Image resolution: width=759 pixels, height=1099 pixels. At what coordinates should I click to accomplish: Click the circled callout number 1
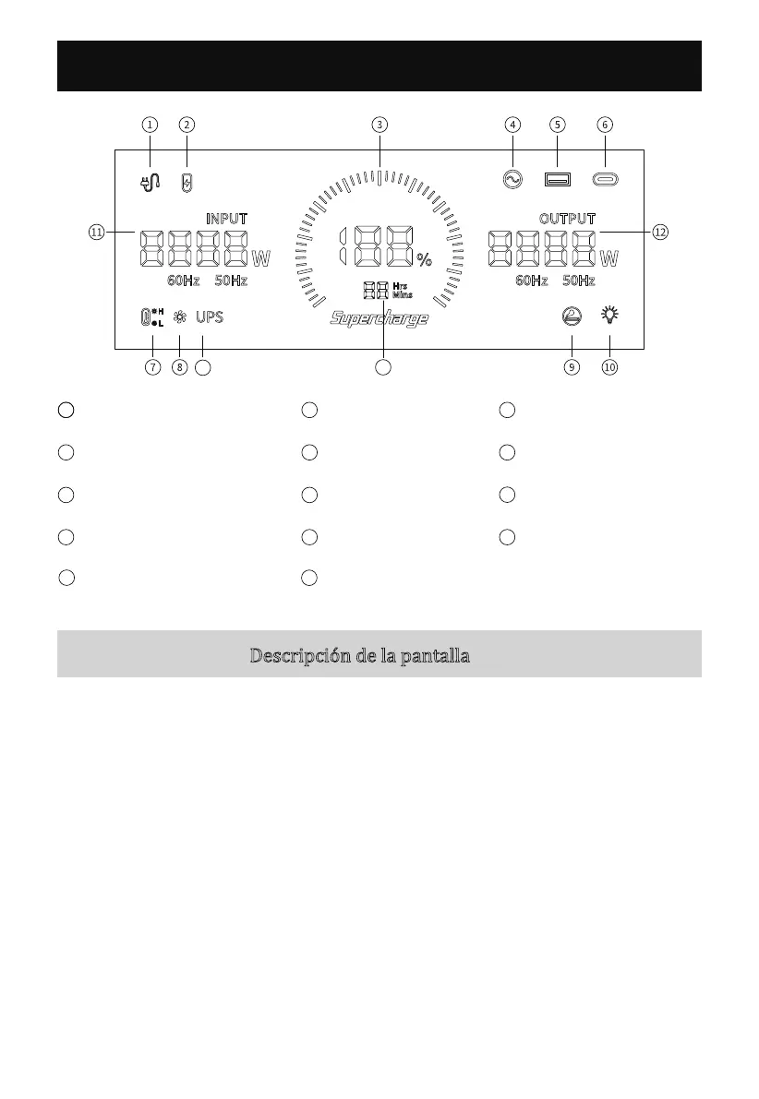click(x=150, y=124)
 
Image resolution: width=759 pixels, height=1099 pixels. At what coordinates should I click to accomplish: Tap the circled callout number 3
click(x=379, y=124)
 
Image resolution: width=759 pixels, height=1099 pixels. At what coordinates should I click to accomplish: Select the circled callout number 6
click(x=605, y=124)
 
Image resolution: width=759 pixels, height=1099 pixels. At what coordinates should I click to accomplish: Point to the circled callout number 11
click(x=96, y=233)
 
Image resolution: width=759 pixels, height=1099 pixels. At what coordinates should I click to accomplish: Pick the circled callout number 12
click(x=659, y=233)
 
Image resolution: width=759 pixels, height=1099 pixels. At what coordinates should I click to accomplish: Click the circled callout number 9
click(x=572, y=367)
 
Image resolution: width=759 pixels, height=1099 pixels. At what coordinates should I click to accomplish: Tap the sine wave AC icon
click(x=511, y=180)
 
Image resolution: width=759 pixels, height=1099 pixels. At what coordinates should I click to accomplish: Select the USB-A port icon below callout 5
click(x=557, y=180)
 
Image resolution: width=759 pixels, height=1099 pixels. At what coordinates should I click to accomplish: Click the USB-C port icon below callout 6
click(x=606, y=180)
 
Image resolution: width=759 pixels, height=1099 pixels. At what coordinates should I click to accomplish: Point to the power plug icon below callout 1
click(x=150, y=182)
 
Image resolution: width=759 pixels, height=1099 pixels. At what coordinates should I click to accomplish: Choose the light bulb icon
click(x=609, y=317)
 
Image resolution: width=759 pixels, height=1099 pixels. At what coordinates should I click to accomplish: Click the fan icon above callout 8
click(x=180, y=317)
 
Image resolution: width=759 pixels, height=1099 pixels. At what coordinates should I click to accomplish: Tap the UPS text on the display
click(x=209, y=317)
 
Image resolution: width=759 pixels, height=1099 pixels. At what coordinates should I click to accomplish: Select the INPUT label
click(x=226, y=219)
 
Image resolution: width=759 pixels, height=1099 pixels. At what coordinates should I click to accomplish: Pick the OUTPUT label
click(x=567, y=219)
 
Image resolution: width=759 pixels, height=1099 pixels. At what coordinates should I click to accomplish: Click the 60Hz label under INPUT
click(x=183, y=281)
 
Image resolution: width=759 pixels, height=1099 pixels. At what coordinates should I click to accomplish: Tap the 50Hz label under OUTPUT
click(x=579, y=281)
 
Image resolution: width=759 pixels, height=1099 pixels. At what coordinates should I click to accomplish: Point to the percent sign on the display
click(x=424, y=260)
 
